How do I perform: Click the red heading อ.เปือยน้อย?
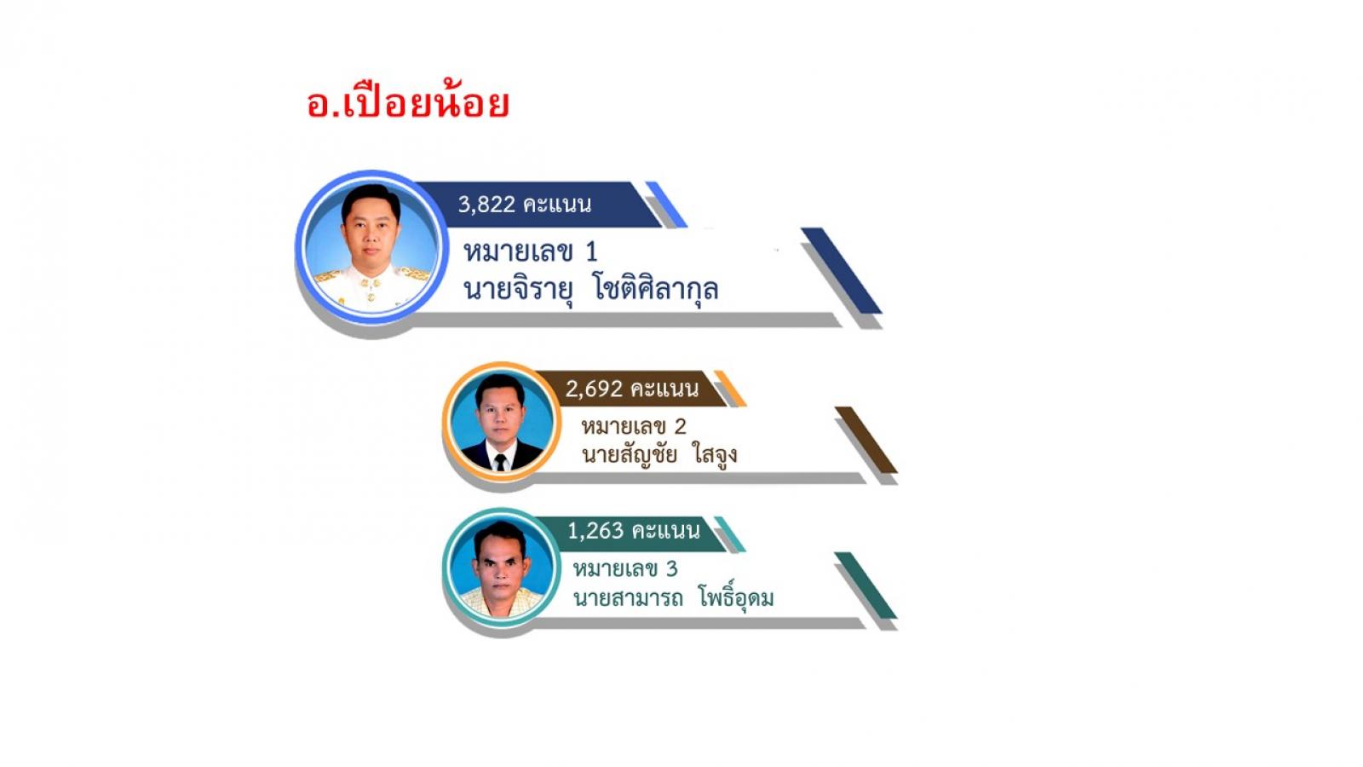408,101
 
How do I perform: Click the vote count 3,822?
486,205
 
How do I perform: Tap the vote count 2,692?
594,389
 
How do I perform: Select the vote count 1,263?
595,531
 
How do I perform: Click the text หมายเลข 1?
530,251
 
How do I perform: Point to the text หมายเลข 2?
634,427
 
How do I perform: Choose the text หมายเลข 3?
625,569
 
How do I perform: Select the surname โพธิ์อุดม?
736,597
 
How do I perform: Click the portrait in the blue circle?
371,246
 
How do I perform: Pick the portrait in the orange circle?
502,421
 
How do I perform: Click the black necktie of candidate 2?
500,463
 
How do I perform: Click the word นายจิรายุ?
518,290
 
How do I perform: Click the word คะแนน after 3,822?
557,205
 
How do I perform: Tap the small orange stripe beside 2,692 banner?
730,389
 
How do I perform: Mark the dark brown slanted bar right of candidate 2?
866,440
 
